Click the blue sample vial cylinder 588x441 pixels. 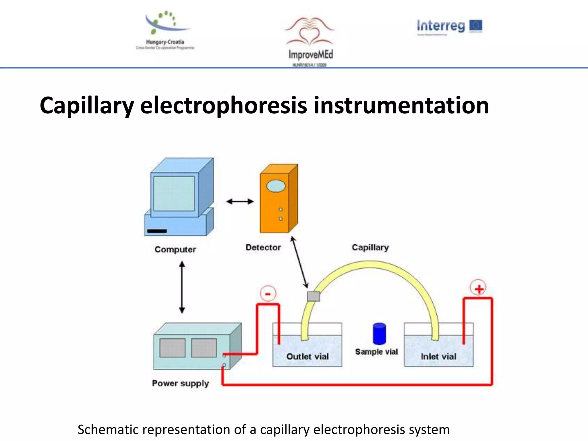379,334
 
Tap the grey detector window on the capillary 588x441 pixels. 313,296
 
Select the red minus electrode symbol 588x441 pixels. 268,294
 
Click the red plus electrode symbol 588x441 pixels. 478,288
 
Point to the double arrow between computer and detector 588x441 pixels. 240,202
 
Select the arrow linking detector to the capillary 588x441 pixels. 300,262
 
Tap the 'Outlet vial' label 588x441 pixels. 307,356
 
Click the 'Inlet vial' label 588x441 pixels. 438,356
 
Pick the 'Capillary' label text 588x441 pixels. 370,247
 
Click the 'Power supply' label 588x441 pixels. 180,383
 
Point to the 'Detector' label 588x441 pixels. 263,247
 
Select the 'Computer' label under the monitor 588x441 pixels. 175,249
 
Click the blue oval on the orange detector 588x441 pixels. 276,186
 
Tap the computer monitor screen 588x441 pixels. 174,194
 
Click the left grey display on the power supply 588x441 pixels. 172,348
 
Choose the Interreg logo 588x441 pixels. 449,26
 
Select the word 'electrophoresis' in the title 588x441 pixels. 224,105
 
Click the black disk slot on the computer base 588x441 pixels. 157,231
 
